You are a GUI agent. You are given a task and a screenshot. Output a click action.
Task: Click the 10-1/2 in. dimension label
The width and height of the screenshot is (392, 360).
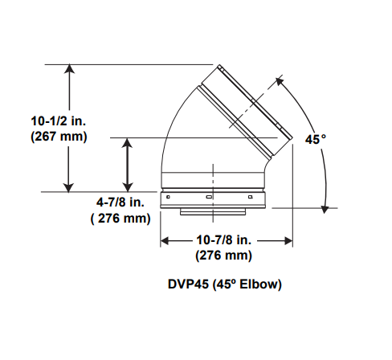click(59, 121)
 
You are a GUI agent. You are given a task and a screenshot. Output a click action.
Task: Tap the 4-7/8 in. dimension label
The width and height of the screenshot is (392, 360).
click(119, 202)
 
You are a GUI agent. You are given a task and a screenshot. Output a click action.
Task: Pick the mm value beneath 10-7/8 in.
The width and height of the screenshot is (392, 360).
click(224, 256)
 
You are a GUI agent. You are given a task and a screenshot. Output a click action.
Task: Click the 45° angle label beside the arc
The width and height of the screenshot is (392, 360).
click(316, 139)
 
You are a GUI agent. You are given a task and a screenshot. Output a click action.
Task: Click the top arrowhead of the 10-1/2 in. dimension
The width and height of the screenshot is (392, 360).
click(71, 70)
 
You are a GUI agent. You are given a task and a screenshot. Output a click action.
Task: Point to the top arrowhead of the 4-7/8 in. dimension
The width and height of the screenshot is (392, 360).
click(127, 143)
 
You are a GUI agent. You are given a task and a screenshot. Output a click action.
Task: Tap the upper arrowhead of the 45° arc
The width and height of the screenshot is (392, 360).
click(282, 81)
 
